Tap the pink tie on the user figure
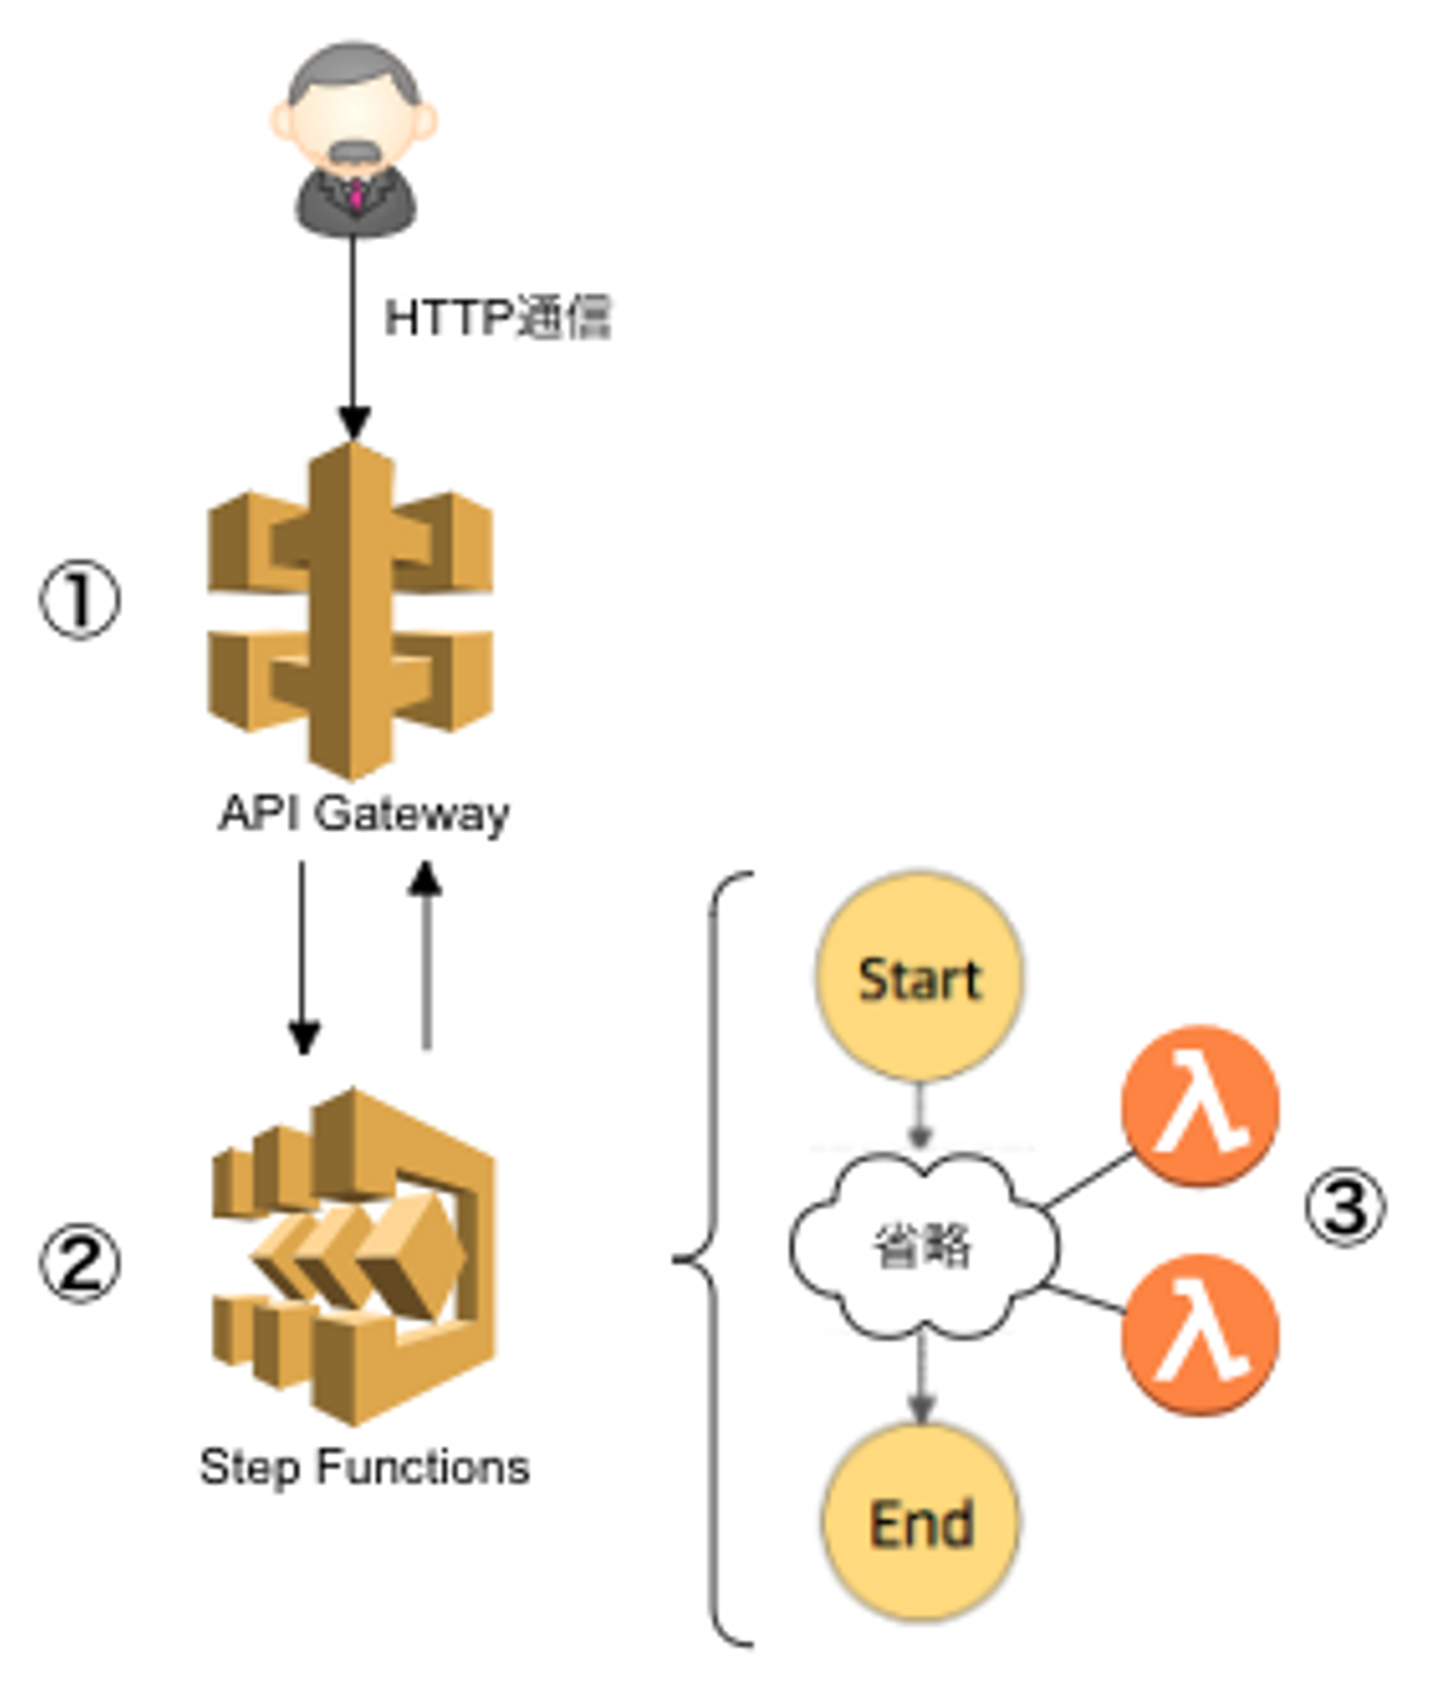[355, 194]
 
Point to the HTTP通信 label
[497, 318]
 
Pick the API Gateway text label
[364, 813]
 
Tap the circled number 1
[80, 600]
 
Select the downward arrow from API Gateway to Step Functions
[303, 957]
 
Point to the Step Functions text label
[364, 1467]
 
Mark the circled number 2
[80, 1264]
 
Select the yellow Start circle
[919, 978]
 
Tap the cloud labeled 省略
[923, 1246]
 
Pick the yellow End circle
[921, 1523]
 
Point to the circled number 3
[1345, 1208]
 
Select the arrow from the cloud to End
[921, 1380]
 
